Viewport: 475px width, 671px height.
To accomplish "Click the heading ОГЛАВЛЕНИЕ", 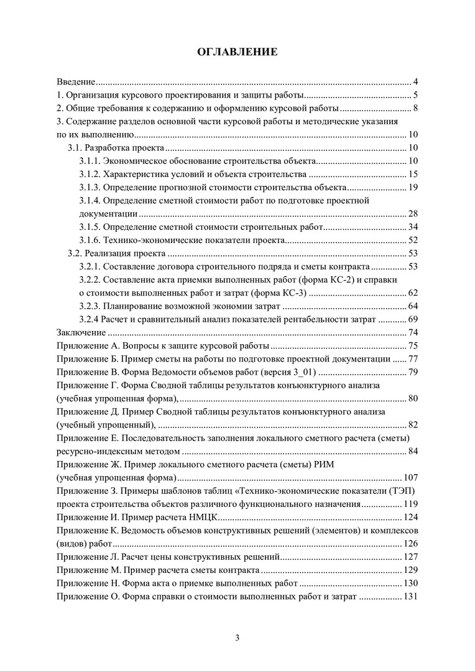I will [x=237, y=52].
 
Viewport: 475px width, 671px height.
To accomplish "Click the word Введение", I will [x=75, y=82].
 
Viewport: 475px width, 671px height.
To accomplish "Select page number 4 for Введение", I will [x=415, y=82].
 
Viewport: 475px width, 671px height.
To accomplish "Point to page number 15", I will [x=413, y=174].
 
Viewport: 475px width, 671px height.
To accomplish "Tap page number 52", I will [x=413, y=239].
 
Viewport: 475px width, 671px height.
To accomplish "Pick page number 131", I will [x=410, y=596].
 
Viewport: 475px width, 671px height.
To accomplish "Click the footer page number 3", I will [x=237, y=637].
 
